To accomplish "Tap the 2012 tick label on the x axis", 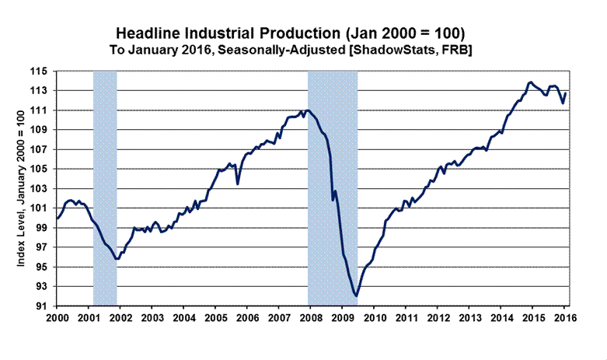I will click(x=437, y=318).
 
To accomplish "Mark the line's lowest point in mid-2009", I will click(x=356, y=296).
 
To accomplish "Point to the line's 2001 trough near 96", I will click(x=117, y=258).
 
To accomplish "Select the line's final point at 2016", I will click(x=565, y=94).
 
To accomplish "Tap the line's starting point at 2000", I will click(x=57, y=218).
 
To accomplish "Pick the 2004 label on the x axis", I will click(x=183, y=318).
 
